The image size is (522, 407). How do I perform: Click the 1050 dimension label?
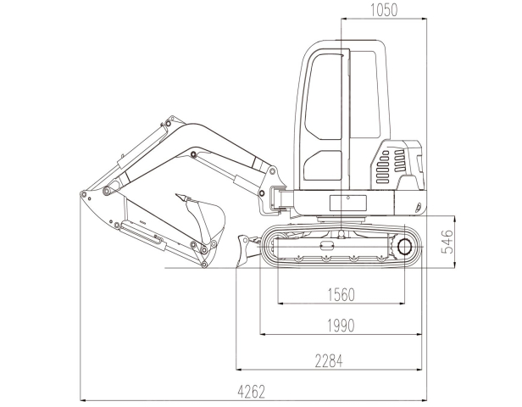click(384, 10)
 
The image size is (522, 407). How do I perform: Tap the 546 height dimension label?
click(447, 242)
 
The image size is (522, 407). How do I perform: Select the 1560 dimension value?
click(342, 295)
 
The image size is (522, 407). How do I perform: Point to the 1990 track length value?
click(342, 326)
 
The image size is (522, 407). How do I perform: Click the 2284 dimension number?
click(329, 360)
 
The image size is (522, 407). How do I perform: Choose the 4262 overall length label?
click(252, 392)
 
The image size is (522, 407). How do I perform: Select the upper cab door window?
click(324, 97)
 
